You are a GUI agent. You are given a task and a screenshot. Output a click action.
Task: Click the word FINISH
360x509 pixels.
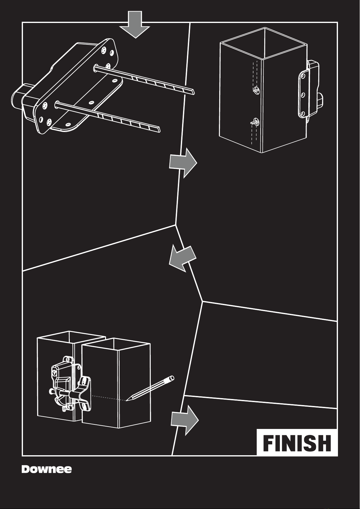click(x=297, y=443)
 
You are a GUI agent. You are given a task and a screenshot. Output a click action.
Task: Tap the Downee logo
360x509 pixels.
click(x=47, y=469)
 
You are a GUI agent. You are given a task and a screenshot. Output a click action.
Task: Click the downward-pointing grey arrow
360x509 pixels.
click(x=135, y=25)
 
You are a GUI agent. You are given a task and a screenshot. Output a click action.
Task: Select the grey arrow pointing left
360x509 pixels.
click(x=182, y=258)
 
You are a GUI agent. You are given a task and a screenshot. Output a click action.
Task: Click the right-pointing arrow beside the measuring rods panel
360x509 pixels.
click(x=183, y=163)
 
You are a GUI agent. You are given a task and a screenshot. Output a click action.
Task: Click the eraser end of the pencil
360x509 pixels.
click(x=172, y=378)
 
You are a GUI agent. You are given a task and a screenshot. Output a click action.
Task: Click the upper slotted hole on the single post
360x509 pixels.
click(x=256, y=89)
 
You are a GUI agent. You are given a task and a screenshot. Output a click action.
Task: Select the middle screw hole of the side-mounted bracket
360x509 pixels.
click(x=303, y=94)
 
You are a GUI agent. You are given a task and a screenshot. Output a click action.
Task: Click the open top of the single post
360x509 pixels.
click(x=263, y=43)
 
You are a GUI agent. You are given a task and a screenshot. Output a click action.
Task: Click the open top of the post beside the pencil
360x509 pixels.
click(x=116, y=344)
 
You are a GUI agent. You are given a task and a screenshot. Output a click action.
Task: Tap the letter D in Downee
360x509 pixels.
click(x=26, y=469)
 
